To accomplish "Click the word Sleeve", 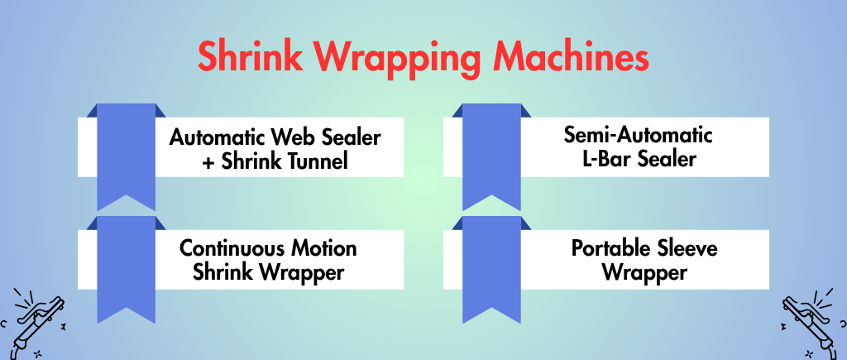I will [x=686, y=248].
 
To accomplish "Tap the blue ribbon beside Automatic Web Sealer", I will [x=126, y=157].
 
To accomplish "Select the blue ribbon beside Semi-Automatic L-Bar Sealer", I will [x=491, y=157].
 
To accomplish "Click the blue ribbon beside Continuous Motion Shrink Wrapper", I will [x=126, y=269].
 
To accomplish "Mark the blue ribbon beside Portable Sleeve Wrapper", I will [x=491, y=269].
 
